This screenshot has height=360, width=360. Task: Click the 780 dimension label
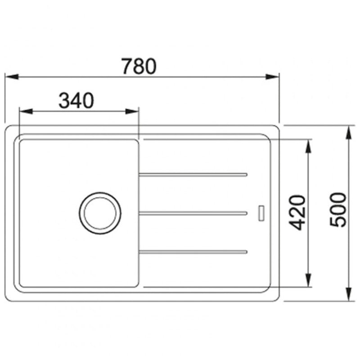[139, 66]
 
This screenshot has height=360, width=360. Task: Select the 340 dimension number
[76, 100]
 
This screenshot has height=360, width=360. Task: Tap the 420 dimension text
[297, 212]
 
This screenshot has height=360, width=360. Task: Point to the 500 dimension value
[338, 210]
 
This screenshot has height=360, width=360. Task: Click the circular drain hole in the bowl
[100, 213]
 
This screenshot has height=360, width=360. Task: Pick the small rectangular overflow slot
[261, 213]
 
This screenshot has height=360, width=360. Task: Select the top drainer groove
[193, 175]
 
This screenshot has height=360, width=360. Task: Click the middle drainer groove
[193, 213]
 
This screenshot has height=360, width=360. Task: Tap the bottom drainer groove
[193, 252]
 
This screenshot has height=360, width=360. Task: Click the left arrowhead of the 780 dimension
[12, 76]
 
